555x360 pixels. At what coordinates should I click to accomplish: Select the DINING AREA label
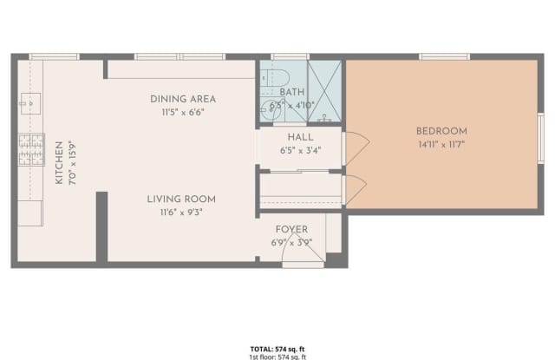tap(182, 99)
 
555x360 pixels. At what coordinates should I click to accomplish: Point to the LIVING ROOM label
tap(181, 200)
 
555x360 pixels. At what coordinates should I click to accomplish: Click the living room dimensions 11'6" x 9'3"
tap(181, 213)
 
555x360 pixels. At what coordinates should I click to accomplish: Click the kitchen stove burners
tap(31, 149)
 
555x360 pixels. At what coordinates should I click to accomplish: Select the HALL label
tap(300, 137)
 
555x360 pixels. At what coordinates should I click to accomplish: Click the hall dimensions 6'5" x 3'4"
tap(300, 150)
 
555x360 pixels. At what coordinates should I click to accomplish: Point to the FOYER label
tap(292, 230)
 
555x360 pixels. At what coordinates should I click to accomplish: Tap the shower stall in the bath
tap(325, 91)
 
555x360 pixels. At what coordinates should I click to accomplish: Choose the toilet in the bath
tap(266, 108)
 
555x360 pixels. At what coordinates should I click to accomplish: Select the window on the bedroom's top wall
tap(444, 57)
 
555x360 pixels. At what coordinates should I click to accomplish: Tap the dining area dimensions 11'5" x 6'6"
tap(182, 112)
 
